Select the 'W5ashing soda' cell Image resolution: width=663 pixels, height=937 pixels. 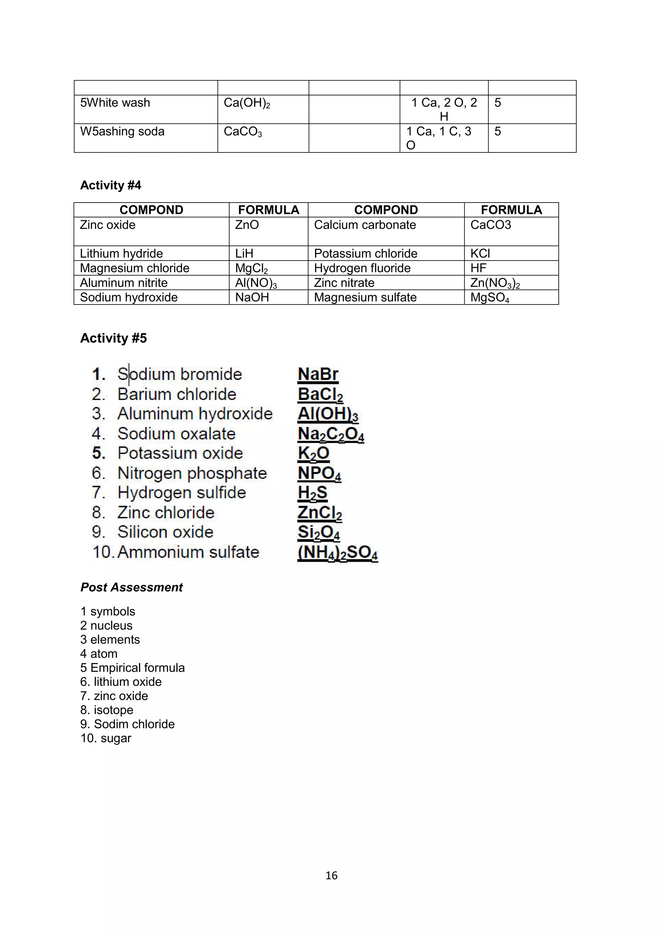click(122, 131)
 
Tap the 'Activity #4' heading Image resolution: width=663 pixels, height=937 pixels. click(111, 185)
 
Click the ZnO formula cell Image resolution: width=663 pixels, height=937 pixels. click(247, 225)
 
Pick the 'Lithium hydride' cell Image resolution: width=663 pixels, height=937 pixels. click(121, 253)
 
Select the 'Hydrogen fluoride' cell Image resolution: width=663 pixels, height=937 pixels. click(362, 268)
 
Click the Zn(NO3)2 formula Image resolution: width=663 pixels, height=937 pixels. click(495, 283)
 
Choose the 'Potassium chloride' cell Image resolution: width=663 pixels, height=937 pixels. click(365, 253)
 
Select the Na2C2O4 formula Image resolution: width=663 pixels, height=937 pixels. click(331, 434)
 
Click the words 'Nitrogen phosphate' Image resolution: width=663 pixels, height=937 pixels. click(192, 473)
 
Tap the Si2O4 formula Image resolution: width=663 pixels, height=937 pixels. click(319, 533)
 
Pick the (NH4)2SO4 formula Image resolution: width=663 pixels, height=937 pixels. click(338, 553)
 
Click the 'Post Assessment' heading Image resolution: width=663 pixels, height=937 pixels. click(131, 587)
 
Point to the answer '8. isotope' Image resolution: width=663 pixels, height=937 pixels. click(107, 710)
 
